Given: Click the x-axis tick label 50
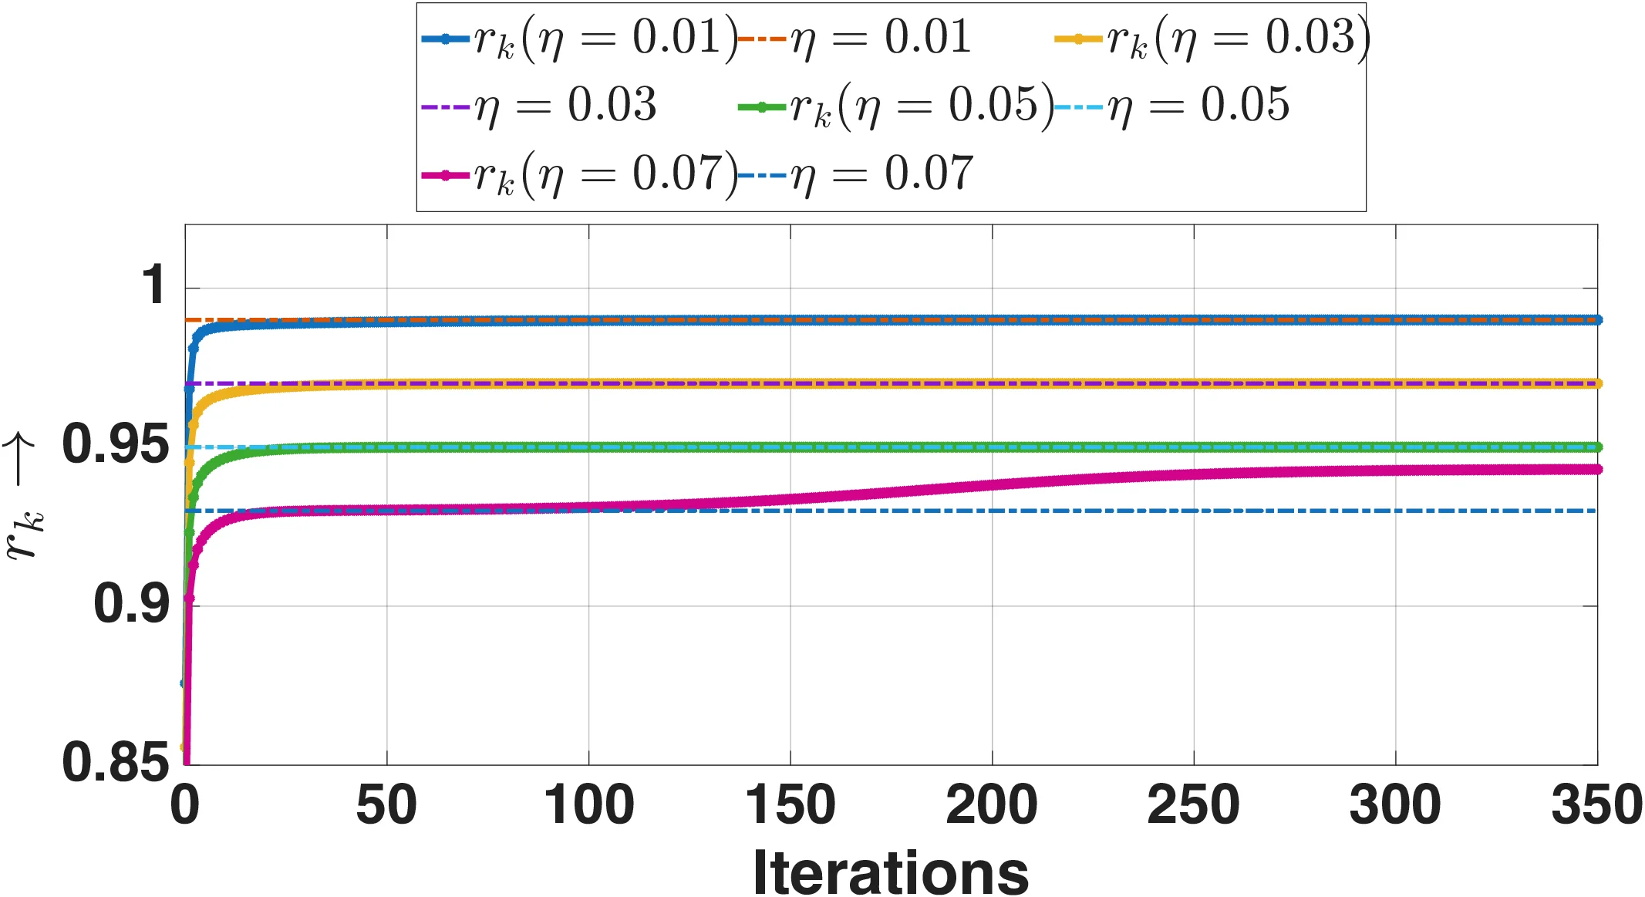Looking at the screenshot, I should [386, 805].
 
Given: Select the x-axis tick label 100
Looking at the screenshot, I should [589, 805].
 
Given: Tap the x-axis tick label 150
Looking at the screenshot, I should [790, 805].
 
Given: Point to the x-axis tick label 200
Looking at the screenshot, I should [992, 805].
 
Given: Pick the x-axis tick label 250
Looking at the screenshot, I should [1194, 805].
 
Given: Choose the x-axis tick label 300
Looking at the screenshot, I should [1395, 805].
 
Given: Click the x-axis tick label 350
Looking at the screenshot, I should [1596, 805].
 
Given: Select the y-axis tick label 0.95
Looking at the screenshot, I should [116, 445].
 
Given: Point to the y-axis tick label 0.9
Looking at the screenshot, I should [131, 605].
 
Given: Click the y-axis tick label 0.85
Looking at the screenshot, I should [116, 763].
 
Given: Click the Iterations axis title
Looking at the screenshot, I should [891, 872].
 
